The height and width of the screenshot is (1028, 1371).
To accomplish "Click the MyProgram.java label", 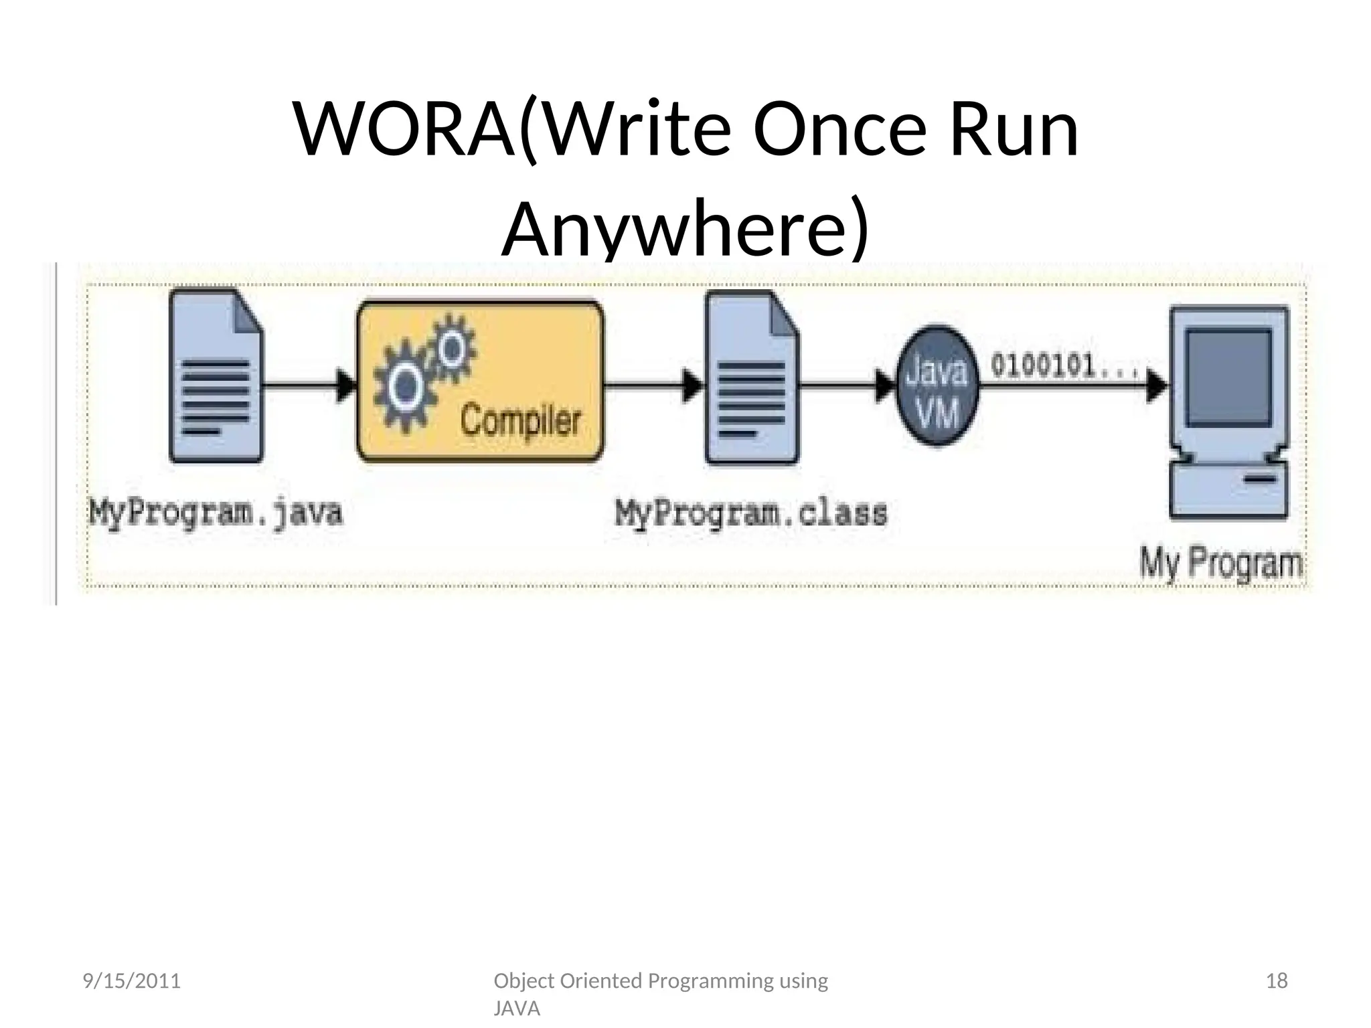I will tap(216, 514).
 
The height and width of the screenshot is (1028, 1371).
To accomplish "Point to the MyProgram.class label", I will tap(751, 514).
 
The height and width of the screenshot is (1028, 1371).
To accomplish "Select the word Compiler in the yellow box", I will tap(521, 420).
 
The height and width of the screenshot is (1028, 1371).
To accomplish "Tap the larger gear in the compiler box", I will tap(404, 387).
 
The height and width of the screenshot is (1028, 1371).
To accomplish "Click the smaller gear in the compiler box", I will tap(453, 348).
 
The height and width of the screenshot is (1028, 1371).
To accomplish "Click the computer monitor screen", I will tap(1228, 377).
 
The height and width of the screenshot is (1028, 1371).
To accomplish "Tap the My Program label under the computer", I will tap(1221, 564).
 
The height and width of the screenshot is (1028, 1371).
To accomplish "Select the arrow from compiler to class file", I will tap(653, 386).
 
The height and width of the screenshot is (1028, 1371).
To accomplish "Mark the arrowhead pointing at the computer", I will tap(1157, 386).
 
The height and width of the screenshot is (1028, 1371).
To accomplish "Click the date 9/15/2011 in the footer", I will tap(131, 982).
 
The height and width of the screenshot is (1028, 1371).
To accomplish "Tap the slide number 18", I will tap(1277, 982).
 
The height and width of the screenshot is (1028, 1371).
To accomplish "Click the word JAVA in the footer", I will tap(517, 1009).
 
